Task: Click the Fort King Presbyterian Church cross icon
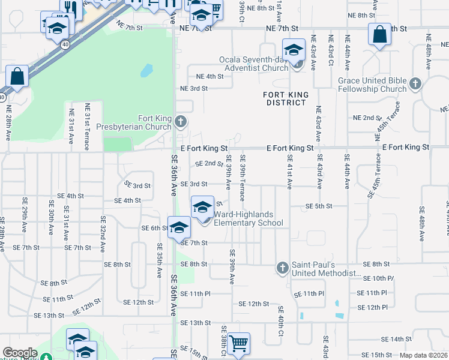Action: click(179, 123)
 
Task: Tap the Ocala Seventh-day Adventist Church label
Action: click(254, 64)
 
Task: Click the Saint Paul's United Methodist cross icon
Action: click(283, 267)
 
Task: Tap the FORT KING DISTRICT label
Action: click(286, 98)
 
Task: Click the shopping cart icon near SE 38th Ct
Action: click(238, 344)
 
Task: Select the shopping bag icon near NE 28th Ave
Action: click(17, 77)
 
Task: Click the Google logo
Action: click(20, 353)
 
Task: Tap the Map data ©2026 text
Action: click(424, 355)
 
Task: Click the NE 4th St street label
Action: click(209, 76)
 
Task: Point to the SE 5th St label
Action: click(319, 206)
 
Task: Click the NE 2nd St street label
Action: click(368, 118)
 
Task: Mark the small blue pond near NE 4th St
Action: click(146, 71)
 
